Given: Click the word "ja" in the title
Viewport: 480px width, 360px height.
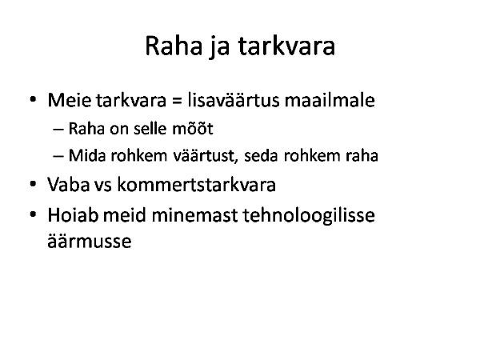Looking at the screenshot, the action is pyautogui.click(x=220, y=46).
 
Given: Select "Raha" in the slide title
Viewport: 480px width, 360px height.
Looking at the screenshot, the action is pyautogui.click(x=174, y=46).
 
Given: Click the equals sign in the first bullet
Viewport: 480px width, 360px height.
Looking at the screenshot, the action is pyautogui.click(x=177, y=101).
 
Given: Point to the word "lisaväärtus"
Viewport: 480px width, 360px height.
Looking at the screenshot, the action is pyautogui.click(x=234, y=100).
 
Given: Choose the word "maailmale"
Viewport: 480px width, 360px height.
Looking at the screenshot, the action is pyautogui.click(x=330, y=100).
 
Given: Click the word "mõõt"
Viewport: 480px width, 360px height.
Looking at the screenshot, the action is pyautogui.click(x=193, y=128).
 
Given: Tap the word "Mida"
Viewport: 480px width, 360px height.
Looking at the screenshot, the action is pyautogui.click(x=87, y=155).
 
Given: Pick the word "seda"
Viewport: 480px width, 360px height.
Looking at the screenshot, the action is pyautogui.click(x=262, y=155).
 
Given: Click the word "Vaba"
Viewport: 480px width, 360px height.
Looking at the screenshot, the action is pyautogui.click(x=68, y=185).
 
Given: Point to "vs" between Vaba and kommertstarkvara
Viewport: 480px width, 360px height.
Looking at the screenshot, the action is pyautogui.click(x=103, y=186).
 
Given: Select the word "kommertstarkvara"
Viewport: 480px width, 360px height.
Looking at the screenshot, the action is pyautogui.click(x=197, y=185).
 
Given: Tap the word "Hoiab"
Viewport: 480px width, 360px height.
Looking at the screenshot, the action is pyautogui.click(x=73, y=215).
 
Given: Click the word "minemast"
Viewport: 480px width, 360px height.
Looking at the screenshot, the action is pyautogui.click(x=194, y=215).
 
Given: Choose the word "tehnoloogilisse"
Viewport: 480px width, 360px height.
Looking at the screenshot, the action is pyautogui.click(x=309, y=215).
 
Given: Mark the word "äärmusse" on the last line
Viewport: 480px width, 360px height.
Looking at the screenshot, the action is pyautogui.click(x=90, y=242).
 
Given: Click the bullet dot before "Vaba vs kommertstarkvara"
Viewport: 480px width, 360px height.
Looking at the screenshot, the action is pyautogui.click(x=33, y=184).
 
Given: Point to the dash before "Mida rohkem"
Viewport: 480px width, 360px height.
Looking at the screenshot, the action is pyautogui.click(x=58, y=156).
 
